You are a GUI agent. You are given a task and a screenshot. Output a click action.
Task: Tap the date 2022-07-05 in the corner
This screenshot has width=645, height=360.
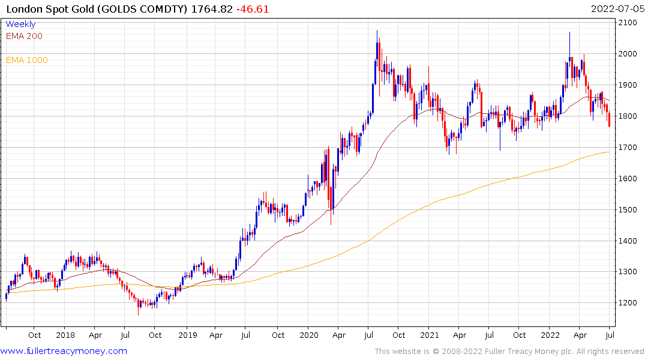point(616,9)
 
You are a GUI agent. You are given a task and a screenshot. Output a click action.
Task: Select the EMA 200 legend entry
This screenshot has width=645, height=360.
point(24,36)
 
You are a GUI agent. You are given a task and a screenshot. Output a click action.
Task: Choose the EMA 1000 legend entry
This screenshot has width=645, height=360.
point(27,60)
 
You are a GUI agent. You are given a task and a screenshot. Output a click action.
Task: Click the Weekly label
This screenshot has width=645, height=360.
point(20,24)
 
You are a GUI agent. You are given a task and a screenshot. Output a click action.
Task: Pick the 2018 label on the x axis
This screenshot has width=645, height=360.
point(65,335)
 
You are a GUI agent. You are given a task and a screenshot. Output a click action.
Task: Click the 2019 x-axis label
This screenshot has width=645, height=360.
point(187,335)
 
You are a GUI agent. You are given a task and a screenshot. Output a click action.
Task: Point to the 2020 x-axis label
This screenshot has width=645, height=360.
point(308,335)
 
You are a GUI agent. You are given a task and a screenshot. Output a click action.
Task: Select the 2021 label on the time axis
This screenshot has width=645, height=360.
point(430,335)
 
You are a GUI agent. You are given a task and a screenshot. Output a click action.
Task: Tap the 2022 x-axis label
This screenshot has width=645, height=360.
point(551,335)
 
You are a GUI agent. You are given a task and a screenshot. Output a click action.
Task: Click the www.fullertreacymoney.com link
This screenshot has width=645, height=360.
point(64,351)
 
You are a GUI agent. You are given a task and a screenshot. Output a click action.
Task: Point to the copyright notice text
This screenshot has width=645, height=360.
point(509,352)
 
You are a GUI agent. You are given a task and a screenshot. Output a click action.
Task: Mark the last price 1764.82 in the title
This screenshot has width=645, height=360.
point(215,9)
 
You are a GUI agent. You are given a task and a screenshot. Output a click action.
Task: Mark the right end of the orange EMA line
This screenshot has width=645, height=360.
point(609,152)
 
